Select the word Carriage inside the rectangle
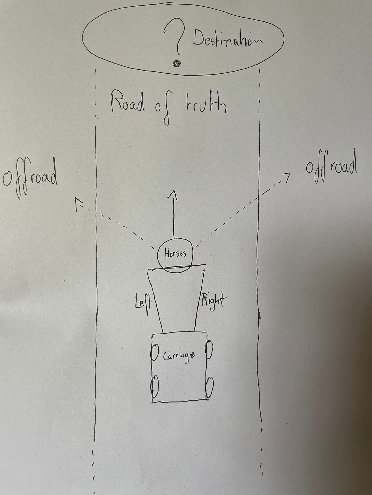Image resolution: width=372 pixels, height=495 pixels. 179,356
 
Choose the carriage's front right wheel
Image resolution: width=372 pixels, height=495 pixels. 209,350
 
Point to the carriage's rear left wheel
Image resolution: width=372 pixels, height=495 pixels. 155,387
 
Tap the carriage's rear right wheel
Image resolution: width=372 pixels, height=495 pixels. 210,387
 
